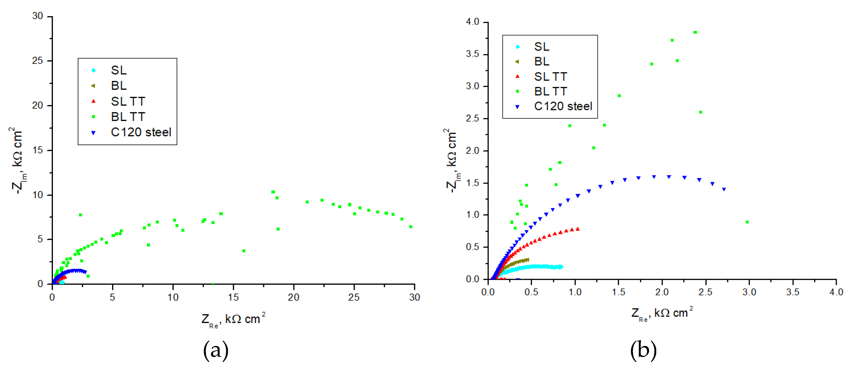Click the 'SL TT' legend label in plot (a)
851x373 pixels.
point(128,101)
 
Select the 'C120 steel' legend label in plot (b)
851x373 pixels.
point(563,106)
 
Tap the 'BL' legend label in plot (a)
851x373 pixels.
point(119,86)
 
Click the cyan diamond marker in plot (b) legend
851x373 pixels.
point(517,47)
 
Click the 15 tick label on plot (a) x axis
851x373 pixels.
point(233,297)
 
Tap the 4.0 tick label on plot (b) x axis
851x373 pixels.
point(836,292)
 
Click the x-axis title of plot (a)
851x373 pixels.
point(233,319)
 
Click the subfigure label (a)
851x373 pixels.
point(215,350)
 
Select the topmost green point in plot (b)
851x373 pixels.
point(695,32)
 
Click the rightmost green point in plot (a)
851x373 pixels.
point(411,227)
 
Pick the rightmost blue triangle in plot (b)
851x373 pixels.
point(724,189)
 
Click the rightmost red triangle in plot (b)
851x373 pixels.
point(578,229)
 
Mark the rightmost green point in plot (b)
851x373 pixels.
point(747,222)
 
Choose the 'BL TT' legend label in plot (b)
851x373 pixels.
point(550,91)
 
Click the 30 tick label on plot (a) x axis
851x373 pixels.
point(415,297)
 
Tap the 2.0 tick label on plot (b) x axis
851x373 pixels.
point(662,292)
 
